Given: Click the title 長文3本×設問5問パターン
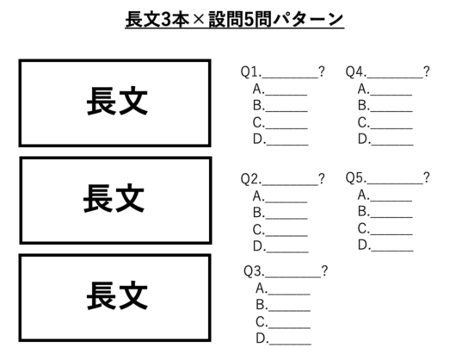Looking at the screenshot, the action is [235, 20].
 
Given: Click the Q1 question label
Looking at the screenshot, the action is [250, 71].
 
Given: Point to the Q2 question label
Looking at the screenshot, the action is [250, 178].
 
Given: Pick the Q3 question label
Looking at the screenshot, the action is [254, 271].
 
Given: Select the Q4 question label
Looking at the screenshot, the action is [356, 71].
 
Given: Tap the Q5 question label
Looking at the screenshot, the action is [356, 177].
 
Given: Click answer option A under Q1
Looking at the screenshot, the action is [280, 89].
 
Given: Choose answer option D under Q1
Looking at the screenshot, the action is [280, 140].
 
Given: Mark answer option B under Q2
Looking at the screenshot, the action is [280, 213].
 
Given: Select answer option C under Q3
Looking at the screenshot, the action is [283, 322].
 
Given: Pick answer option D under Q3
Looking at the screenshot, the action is [283, 338].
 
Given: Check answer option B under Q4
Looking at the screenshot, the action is [385, 106].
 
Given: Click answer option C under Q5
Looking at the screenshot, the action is [385, 229].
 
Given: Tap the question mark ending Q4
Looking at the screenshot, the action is [427, 71].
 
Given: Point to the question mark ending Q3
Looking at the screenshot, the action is [324, 271].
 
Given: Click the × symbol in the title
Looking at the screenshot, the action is [199, 20].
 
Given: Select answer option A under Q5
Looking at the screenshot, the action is [385, 196].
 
